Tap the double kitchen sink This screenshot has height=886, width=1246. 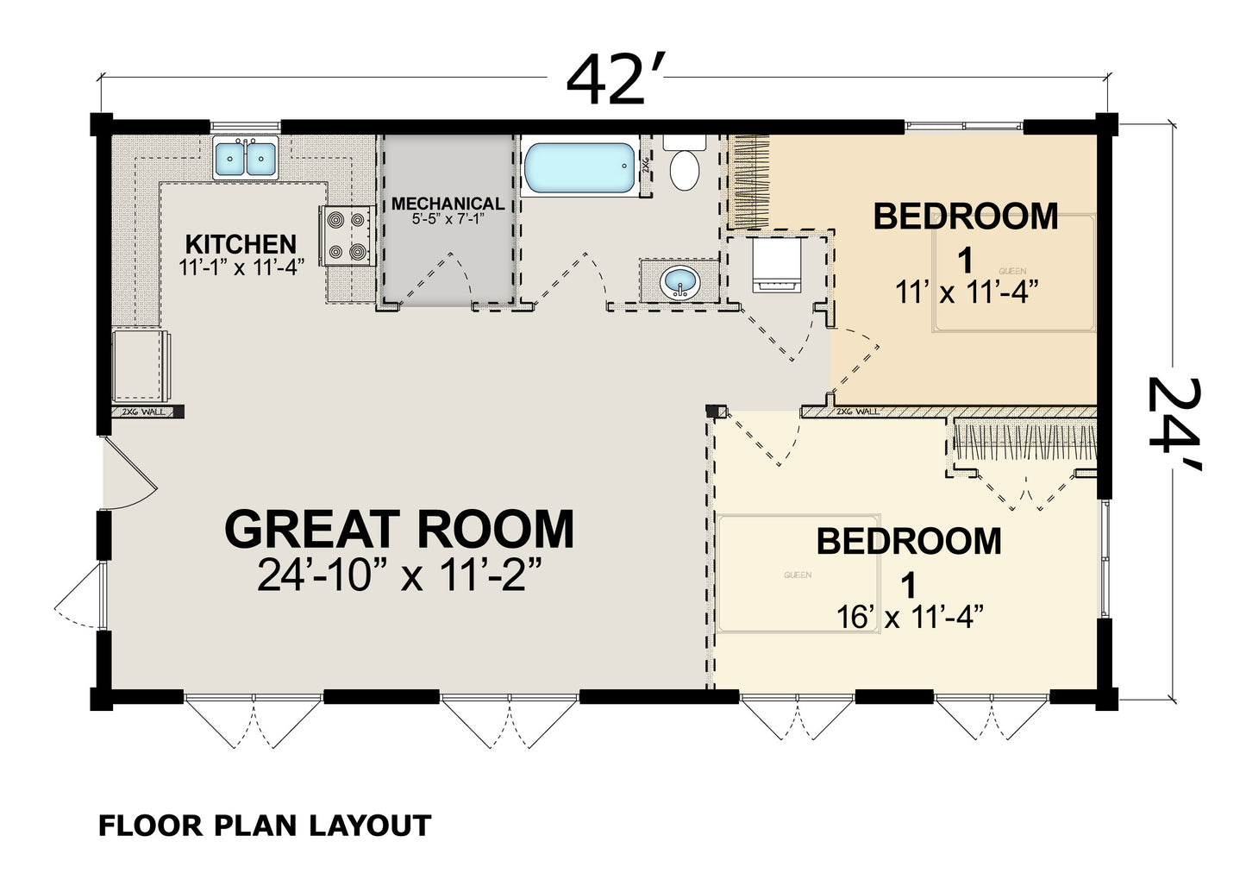(x=246, y=157)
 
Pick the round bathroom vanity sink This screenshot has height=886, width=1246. (x=679, y=282)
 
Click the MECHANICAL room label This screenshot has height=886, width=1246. (x=448, y=204)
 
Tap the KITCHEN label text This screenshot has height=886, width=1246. (x=241, y=244)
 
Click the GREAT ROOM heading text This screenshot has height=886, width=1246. (x=398, y=529)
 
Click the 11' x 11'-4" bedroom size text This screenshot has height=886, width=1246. (x=964, y=292)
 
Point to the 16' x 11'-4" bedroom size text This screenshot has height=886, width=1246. (x=910, y=617)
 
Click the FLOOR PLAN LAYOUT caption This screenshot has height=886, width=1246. (x=264, y=826)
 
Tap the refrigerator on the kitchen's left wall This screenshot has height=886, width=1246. (x=138, y=365)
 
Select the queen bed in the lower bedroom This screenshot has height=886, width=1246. (x=798, y=574)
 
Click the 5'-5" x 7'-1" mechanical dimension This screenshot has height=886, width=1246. (x=448, y=220)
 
